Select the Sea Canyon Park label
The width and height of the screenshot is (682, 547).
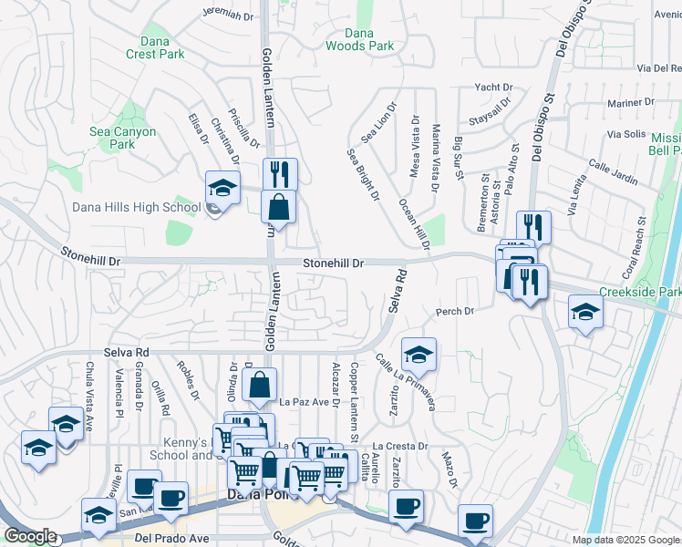click(x=122, y=138)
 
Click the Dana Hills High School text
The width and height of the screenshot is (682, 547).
click(x=136, y=207)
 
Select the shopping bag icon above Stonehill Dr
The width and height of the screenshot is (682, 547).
click(x=278, y=206)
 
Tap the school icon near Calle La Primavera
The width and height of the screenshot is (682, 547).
click(x=418, y=355)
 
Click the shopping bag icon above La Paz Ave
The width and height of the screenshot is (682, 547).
click(x=260, y=385)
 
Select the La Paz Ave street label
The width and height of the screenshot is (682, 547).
click(x=304, y=401)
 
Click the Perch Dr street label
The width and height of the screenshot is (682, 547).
click(x=455, y=312)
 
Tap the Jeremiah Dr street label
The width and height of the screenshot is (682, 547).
click(x=227, y=15)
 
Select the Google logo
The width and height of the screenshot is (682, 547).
click(x=29, y=536)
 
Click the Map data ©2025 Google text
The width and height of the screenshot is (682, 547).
click(x=625, y=540)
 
